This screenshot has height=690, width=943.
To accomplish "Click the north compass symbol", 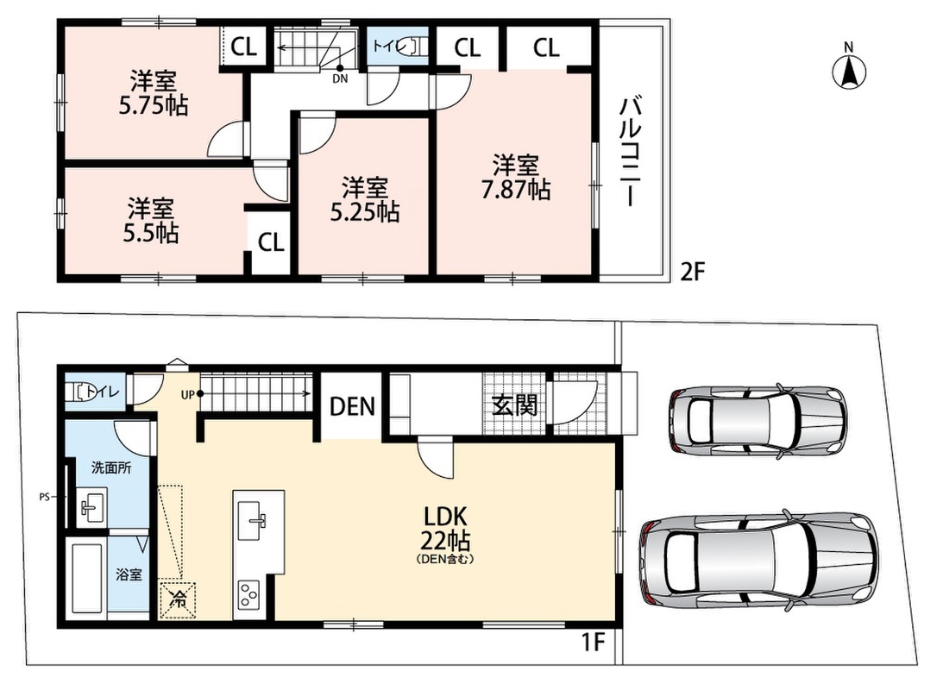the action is pos(849,69).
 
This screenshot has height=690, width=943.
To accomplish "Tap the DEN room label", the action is pos(352,407).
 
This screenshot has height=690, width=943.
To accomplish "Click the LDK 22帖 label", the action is pos(446,529).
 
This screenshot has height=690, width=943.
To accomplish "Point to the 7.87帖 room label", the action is pos(516,177).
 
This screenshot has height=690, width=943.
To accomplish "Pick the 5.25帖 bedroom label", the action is pos(365,199).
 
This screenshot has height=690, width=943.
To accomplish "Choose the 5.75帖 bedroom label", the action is pos(154,93).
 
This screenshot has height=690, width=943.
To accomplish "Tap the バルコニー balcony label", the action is pos(631,153).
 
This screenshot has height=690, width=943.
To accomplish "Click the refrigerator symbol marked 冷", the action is pos(178,599).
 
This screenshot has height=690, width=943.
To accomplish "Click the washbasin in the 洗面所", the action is pos(92,506).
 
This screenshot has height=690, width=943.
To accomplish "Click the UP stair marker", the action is pos(192,395).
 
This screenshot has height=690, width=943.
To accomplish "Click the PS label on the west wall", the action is pos(44,497).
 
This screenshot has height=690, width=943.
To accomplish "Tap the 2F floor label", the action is pos(692,273).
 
